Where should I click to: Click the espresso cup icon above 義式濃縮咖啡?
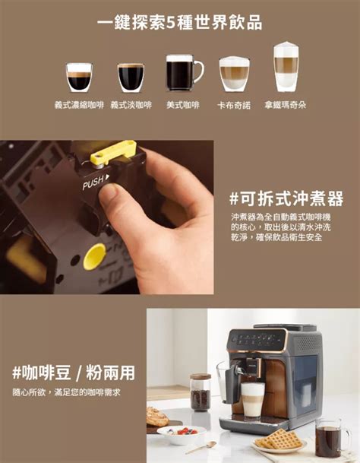click(x=79, y=77)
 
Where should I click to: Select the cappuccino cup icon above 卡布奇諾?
click(x=234, y=74)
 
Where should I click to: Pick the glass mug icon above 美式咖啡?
click(x=182, y=73)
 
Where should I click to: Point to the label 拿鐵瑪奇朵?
click(x=286, y=104)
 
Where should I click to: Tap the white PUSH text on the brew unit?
click(x=96, y=182)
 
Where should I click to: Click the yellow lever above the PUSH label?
click(x=113, y=154)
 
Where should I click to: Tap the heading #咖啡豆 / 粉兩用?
click(x=74, y=373)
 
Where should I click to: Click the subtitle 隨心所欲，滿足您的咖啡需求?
click(x=67, y=392)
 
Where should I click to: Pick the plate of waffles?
click(x=279, y=441)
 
